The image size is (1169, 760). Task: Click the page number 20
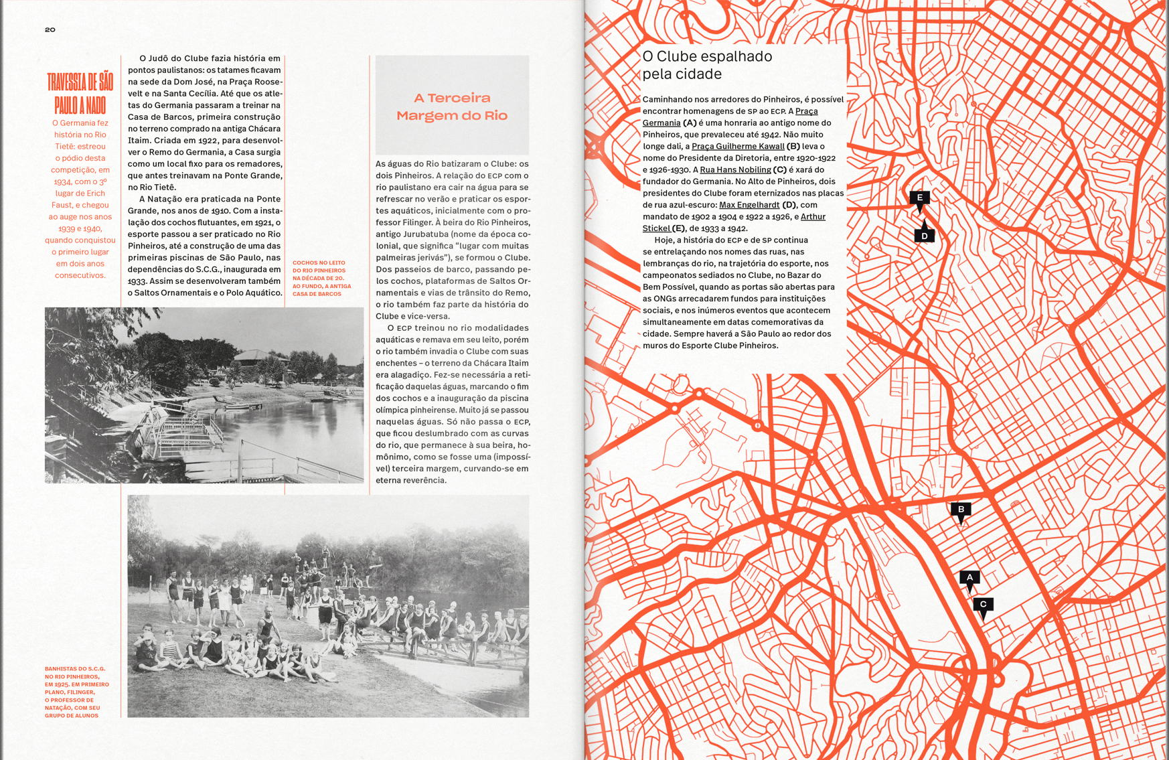tap(50, 29)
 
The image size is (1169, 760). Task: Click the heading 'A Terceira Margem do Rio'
tap(452, 106)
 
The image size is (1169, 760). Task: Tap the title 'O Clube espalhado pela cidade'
tap(706, 65)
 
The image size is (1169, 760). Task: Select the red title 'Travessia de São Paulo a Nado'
tap(80, 93)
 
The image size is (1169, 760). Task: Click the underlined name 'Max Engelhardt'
tap(749, 205)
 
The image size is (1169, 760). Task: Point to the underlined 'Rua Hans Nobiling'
tap(735, 170)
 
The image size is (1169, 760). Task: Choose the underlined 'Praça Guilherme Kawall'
tap(738, 147)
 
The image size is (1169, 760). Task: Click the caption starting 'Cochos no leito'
tap(321, 278)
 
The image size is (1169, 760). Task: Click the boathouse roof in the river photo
tap(256, 355)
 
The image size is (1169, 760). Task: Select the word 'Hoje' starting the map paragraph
tap(664, 240)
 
